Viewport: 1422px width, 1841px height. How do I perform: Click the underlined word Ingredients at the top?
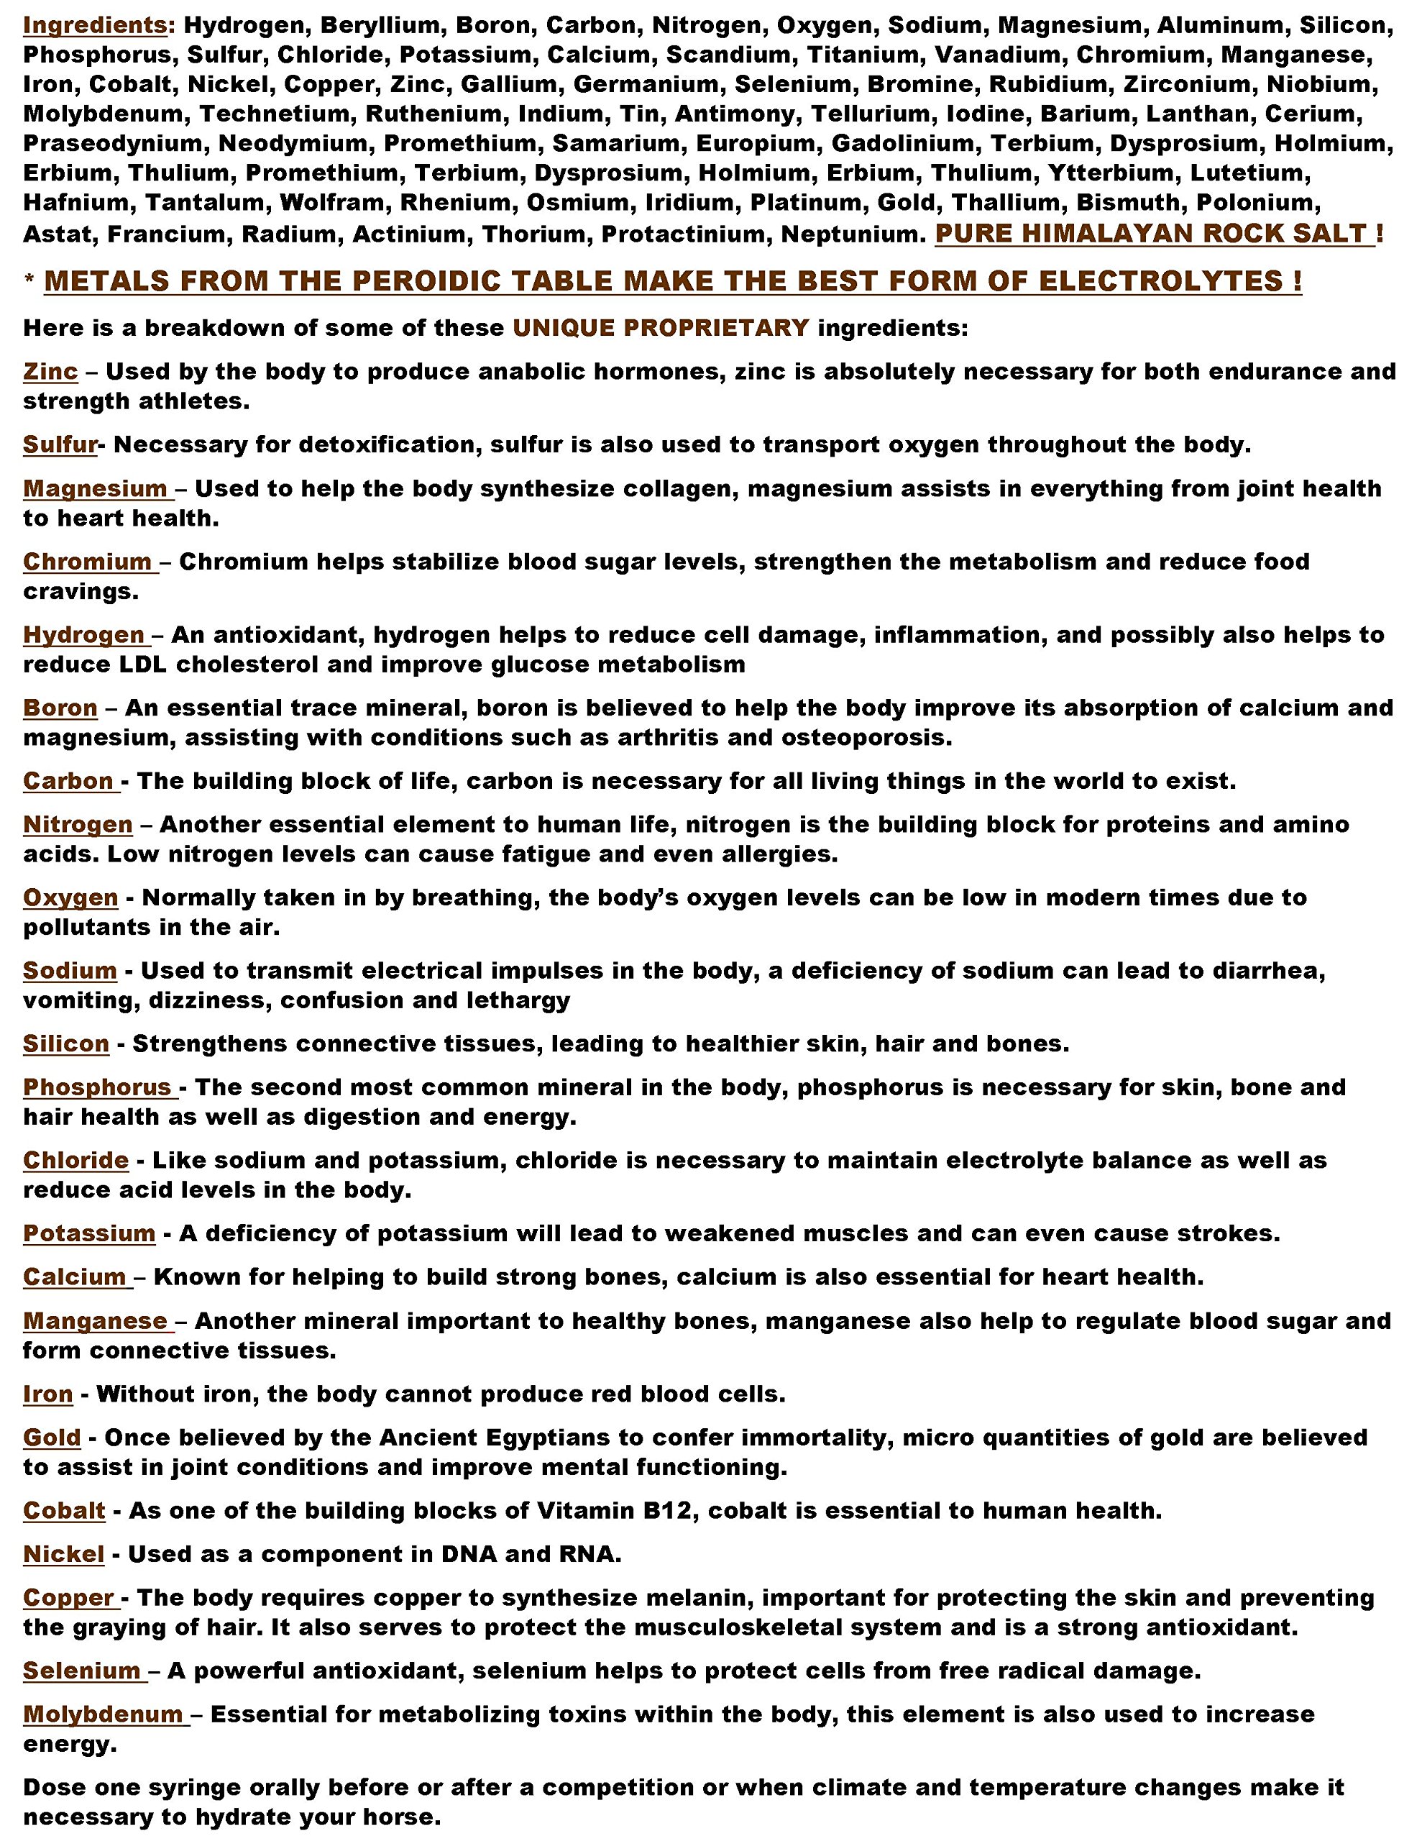pos(94,25)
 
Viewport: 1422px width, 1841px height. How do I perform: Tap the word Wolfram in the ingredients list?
pos(334,203)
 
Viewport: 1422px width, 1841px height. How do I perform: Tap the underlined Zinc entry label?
pos(50,371)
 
